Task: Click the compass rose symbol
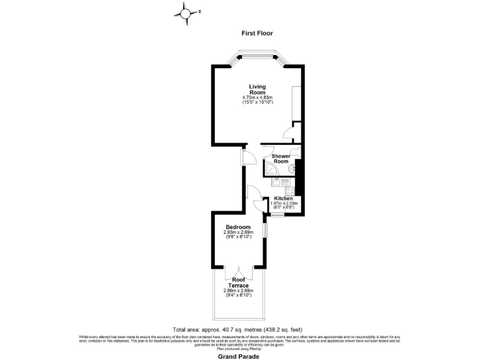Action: point(186,12)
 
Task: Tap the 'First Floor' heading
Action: point(257,33)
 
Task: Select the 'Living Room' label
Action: point(257,89)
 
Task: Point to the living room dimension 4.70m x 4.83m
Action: point(257,98)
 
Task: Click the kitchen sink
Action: point(276,182)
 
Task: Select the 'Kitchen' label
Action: point(284,199)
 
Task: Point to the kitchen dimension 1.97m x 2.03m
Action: point(284,204)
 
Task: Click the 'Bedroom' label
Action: point(238,227)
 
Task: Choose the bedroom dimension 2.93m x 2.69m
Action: point(238,232)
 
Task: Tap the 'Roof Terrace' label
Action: point(238,282)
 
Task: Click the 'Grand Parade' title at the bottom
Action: point(239,356)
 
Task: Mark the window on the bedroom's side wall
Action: point(265,229)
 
